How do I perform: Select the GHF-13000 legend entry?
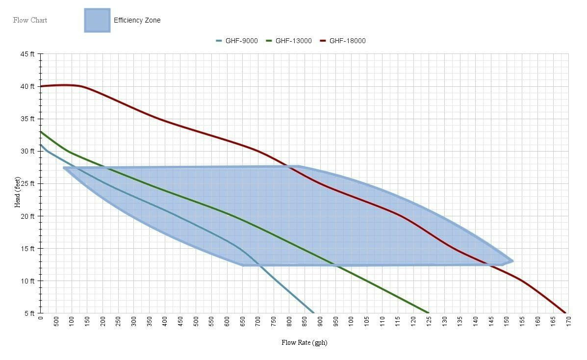289,41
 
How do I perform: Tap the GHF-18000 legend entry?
343,41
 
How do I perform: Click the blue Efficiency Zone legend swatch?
97,20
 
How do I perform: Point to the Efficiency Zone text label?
137,20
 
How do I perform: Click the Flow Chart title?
30,20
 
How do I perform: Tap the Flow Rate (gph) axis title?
304,342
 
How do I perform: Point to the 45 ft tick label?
27,54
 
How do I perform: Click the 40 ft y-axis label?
27,86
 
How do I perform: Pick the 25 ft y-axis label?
27,183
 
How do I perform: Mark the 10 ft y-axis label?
27,281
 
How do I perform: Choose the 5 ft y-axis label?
29,313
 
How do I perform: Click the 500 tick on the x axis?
56,322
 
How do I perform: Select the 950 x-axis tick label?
336,322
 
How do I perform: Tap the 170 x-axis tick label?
568,322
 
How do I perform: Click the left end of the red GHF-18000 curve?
41,86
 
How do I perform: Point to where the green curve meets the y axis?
41,131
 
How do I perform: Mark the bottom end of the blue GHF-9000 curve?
313,312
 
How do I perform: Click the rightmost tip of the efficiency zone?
512,261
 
